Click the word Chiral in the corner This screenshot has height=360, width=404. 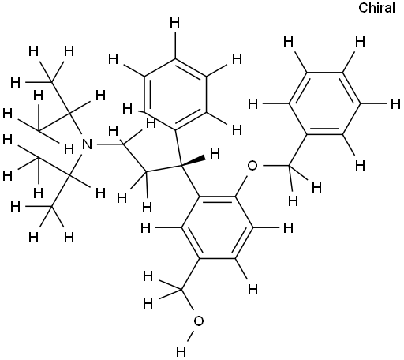click(x=376, y=8)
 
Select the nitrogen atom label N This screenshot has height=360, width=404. click(x=88, y=144)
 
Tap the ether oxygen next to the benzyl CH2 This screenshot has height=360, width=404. click(x=252, y=166)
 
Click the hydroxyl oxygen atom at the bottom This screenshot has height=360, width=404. click(x=199, y=321)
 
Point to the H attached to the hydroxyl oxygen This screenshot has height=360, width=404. click(x=181, y=351)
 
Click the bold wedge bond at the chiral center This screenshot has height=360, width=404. click(x=193, y=161)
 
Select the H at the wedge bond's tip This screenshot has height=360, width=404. click(x=215, y=153)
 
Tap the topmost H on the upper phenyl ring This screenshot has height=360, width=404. click(x=174, y=23)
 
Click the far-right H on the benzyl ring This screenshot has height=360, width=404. click(x=395, y=104)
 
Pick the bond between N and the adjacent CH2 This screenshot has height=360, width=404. click(x=110, y=144)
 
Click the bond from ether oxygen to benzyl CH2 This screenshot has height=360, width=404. click(x=275, y=166)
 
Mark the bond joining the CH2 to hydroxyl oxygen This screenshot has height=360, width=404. click(x=188, y=299)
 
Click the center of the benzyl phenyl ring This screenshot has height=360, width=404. click(x=324, y=103)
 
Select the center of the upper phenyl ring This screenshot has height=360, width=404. click(x=174, y=95)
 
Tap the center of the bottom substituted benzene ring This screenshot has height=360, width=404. click(x=217, y=227)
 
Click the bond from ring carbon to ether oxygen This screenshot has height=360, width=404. click(x=241, y=186)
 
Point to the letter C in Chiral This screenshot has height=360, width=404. click(x=363, y=8)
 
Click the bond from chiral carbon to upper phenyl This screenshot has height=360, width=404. click(x=178, y=148)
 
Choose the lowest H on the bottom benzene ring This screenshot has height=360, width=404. click(x=253, y=290)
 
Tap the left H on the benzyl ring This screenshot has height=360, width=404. click(x=253, y=104)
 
